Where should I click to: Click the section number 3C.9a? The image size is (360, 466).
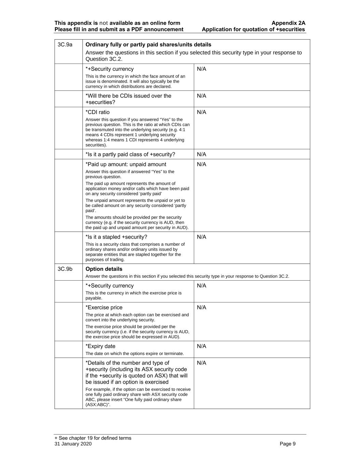pyautogui.click(x=65, y=45)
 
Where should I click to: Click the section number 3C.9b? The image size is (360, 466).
pyautogui.click(x=65, y=269)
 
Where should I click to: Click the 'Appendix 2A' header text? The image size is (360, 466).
pyautogui.click(x=288, y=23)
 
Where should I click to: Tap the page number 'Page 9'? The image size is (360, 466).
pyautogui.click(x=288, y=444)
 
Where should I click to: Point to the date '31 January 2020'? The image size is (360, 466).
pyautogui.click(x=73, y=444)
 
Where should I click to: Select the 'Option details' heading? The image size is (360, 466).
pyautogui.click(x=104, y=269)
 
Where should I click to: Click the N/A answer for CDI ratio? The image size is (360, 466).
pyautogui.click(x=202, y=112)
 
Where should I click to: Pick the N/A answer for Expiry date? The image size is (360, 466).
pyautogui.click(x=202, y=346)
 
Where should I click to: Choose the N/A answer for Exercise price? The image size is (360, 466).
pyautogui.click(x=202, y=308)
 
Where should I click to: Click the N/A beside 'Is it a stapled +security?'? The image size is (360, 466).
pyautogui.click(x=202, y=237)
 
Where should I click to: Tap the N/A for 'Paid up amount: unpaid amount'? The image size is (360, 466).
pyautogui.click(x=202, y=165)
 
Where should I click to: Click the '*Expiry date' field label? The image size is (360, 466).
pyautogui.click(x=100, y=346)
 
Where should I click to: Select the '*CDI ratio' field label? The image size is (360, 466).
pyautogui.click(x=98, y=112)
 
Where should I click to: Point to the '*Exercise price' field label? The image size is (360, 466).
pyautogui.click(x=104, y=308)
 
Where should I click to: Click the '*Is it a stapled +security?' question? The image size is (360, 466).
pyautogui.click(x=116, y=237)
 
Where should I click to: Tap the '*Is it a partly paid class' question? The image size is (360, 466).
pyautogui.click(x=130, y=154)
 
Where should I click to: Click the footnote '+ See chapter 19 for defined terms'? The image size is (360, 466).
pyautogui.click(x=93, y=438)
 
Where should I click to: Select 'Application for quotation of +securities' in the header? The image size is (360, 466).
pyautogui.click(x=253, y=29)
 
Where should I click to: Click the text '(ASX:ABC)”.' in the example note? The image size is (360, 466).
pyautogui.click(x=98, y=405)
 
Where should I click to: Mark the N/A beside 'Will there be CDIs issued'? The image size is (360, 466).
pyautogui.click(x=202, y=96)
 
